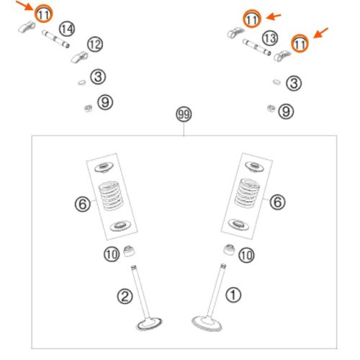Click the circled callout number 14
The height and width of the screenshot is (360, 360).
point(67,29)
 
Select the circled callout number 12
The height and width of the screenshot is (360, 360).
point(95,45)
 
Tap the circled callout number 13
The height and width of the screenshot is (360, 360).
point(270,38)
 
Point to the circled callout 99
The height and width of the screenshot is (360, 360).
point(184,114)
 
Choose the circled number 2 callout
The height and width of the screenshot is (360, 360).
point(125,296)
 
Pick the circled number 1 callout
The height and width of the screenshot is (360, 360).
point(233,294)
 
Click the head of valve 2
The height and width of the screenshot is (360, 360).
point(149,324)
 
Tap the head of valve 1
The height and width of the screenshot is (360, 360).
point(207,323)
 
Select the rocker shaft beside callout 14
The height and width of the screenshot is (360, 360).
point(55,39)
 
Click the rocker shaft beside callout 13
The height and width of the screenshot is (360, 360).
point(256,48)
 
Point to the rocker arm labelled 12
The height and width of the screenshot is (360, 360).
point(79,58)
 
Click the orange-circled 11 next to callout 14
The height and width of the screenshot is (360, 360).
point(43,14)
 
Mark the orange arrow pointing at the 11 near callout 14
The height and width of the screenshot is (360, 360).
point(24,5)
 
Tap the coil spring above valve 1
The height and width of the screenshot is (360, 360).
point(247,193)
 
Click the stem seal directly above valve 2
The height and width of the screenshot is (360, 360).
point(130,251)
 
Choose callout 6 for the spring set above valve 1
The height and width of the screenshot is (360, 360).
point(278,202)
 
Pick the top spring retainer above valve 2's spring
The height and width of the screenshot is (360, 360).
point(104,167)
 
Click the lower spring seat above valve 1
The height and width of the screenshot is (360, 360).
point(238,225)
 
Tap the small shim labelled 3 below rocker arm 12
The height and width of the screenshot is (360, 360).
point(82,82)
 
